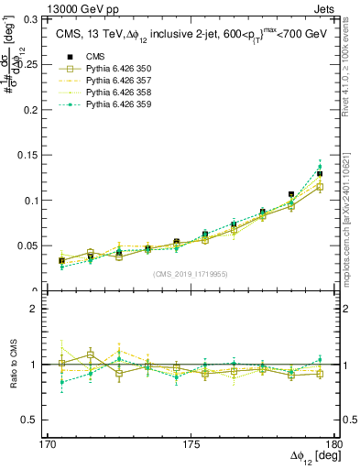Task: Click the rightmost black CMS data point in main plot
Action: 320,173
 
